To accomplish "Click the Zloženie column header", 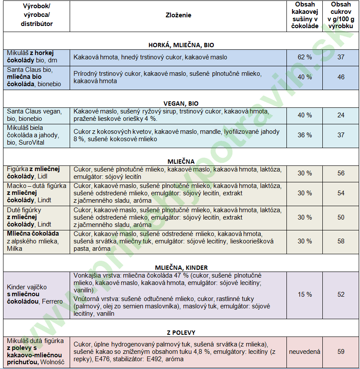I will (178, 15).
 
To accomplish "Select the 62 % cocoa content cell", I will (305, 57).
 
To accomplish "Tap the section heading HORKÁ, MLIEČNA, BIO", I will (181, 45).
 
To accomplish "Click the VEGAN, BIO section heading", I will (181, 104).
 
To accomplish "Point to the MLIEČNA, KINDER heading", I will (181, 268).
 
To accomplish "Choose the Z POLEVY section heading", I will (181, 332).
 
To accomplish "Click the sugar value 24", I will (341, 115).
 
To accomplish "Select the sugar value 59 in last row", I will (341, 352).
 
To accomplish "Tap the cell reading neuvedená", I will (305, 352).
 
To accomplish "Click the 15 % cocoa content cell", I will (305, 295).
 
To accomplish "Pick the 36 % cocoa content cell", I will (305, 135).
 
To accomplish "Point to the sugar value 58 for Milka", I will (341, 241).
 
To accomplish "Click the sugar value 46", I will (341, 77).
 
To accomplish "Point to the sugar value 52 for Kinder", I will (341, 295).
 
